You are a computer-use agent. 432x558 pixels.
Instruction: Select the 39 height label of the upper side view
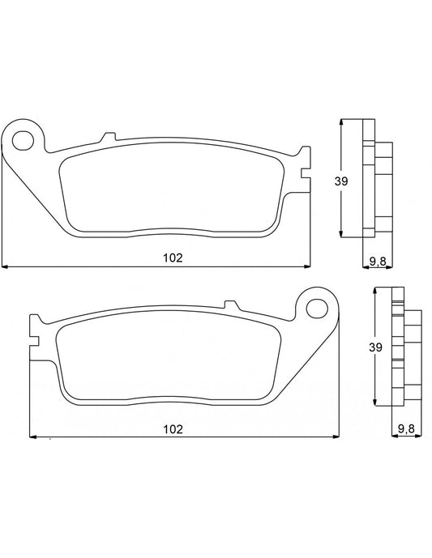pos(341,181)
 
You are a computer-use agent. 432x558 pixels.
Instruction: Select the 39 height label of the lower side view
pos(374,347)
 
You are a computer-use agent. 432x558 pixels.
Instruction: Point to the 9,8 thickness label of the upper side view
pos(378,260)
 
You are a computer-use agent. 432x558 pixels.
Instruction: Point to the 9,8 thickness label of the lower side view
pos(407,428)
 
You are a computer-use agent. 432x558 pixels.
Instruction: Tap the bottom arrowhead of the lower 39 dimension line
pos(375,403)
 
